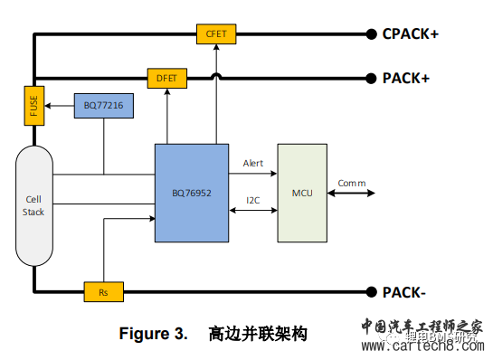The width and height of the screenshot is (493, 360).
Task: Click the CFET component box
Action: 215,34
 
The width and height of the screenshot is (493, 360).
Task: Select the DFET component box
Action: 166,79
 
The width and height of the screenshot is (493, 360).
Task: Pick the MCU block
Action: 302,192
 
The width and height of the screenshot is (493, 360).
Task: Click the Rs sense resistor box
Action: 103,291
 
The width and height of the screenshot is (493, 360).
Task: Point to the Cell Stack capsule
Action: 33,205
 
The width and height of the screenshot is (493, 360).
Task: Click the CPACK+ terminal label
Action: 410,33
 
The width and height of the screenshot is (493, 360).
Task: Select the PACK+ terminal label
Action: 404,78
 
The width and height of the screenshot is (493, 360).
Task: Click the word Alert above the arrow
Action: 252,164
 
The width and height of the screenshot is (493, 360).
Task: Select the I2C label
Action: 254,200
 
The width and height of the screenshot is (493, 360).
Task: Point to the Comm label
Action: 352,183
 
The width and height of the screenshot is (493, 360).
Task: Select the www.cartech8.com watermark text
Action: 423,346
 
